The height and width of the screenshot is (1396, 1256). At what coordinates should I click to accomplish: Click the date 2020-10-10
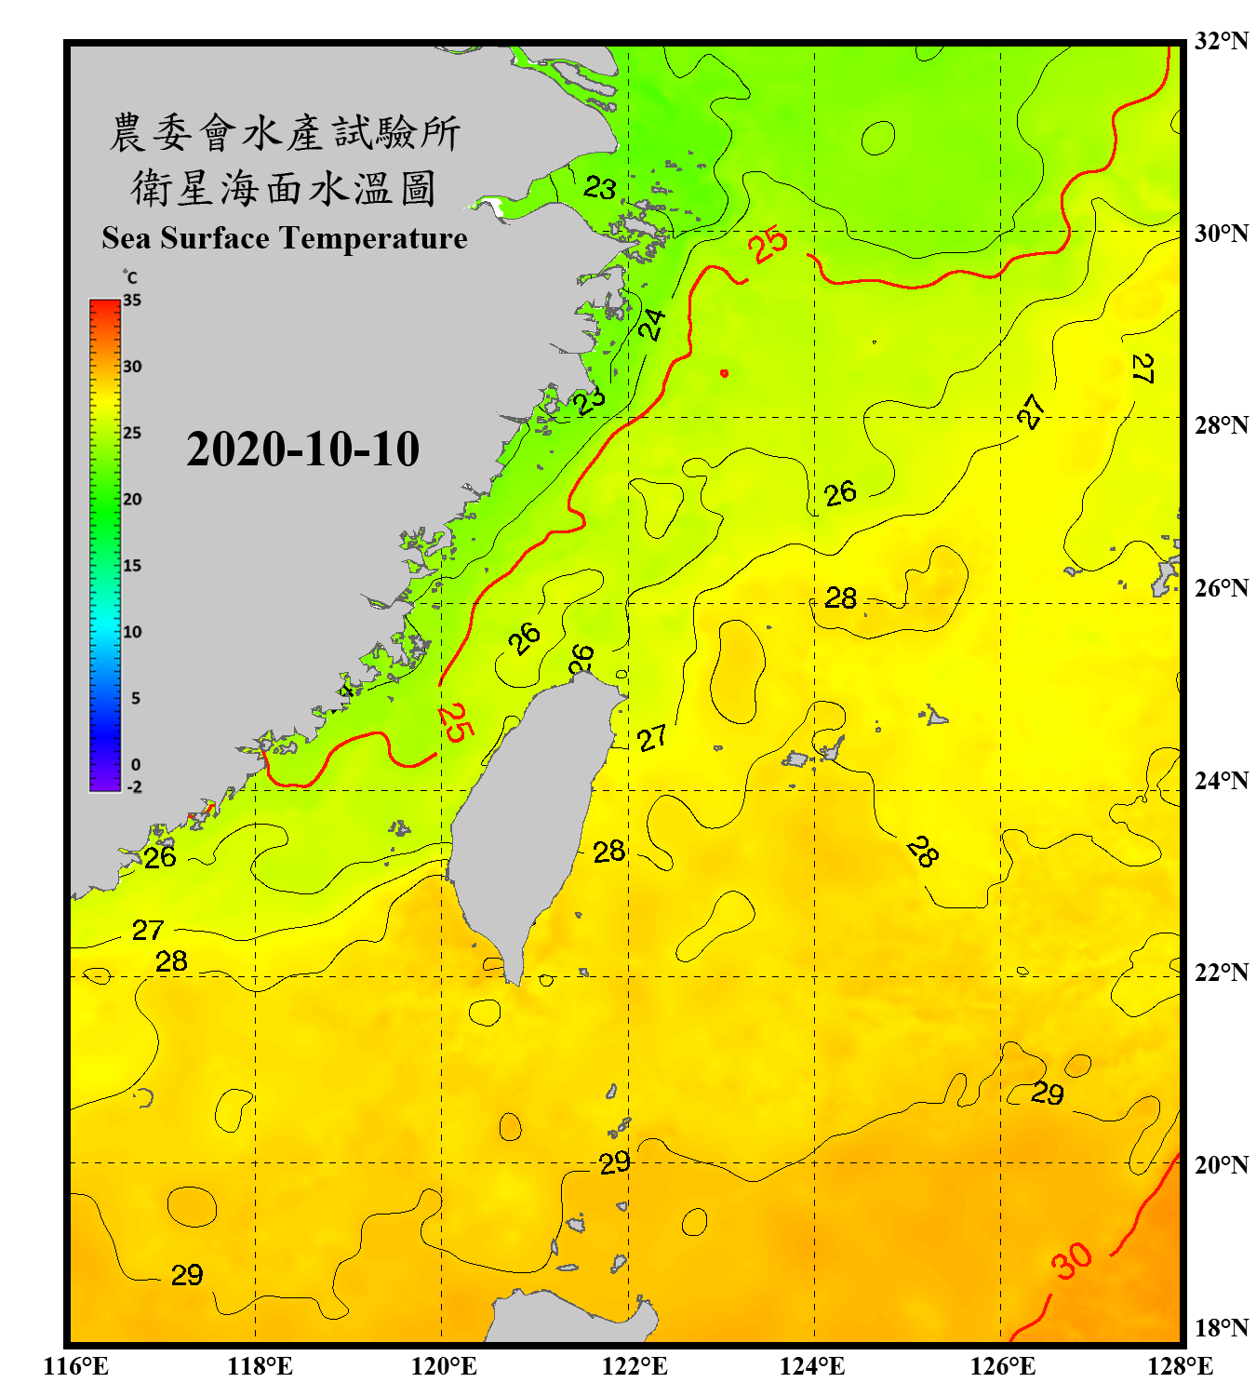[x=302, y=450]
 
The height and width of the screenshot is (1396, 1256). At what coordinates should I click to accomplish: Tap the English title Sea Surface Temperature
[x=285, y=238]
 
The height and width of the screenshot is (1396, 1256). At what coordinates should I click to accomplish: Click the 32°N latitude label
[x=1221, y=41]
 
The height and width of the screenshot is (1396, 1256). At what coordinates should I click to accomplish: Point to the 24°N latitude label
[x=1221, y=780]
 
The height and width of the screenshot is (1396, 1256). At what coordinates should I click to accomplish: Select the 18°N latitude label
[x=1221, y=1327]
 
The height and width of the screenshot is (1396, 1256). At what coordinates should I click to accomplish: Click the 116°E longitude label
[x=76, y=1366]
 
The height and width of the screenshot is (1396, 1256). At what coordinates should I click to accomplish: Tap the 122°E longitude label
[x=635, y=1366]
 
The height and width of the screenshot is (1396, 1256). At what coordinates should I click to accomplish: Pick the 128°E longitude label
[x=1180, y=1366]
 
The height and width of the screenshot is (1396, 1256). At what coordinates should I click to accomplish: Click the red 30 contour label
[x=1072, y=1261]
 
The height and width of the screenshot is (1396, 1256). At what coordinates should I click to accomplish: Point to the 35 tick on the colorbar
[x=132, y=301]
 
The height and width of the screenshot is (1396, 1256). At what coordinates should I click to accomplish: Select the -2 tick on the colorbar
[x=134, y=787]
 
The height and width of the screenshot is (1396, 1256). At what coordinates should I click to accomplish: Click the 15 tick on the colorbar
[x=132, y=566]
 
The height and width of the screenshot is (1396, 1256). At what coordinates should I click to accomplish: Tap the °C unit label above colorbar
[x=130, y=277]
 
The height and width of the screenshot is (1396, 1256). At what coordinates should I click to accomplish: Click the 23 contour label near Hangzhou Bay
[x=600, y=189]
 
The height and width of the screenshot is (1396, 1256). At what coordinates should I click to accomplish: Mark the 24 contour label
[x=653, y=325]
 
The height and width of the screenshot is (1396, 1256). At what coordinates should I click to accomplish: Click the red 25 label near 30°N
[x=769, y=245]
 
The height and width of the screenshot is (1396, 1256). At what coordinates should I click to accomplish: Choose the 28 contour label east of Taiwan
[x=609, y=852]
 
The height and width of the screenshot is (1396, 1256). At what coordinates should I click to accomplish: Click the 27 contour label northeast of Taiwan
[x=652, y=738]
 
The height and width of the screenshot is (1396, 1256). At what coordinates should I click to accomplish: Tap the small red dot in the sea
[x=724, y=373]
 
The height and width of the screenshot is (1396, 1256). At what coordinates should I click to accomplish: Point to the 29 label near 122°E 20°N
[x=615, y=1162]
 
